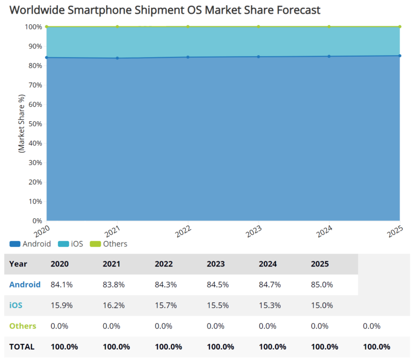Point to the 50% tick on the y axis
[35, 124]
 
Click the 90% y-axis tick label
[35, 46]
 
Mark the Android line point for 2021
[117, 58]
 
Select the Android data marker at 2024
[329, 56]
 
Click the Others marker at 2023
[259, 26]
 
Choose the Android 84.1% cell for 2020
[61, 285]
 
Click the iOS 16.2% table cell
[114, 305]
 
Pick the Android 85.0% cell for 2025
[322, 285]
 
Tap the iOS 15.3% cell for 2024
[270, 305]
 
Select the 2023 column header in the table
[216, 264]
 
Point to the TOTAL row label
[22, 347]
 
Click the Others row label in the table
[23, 326]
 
